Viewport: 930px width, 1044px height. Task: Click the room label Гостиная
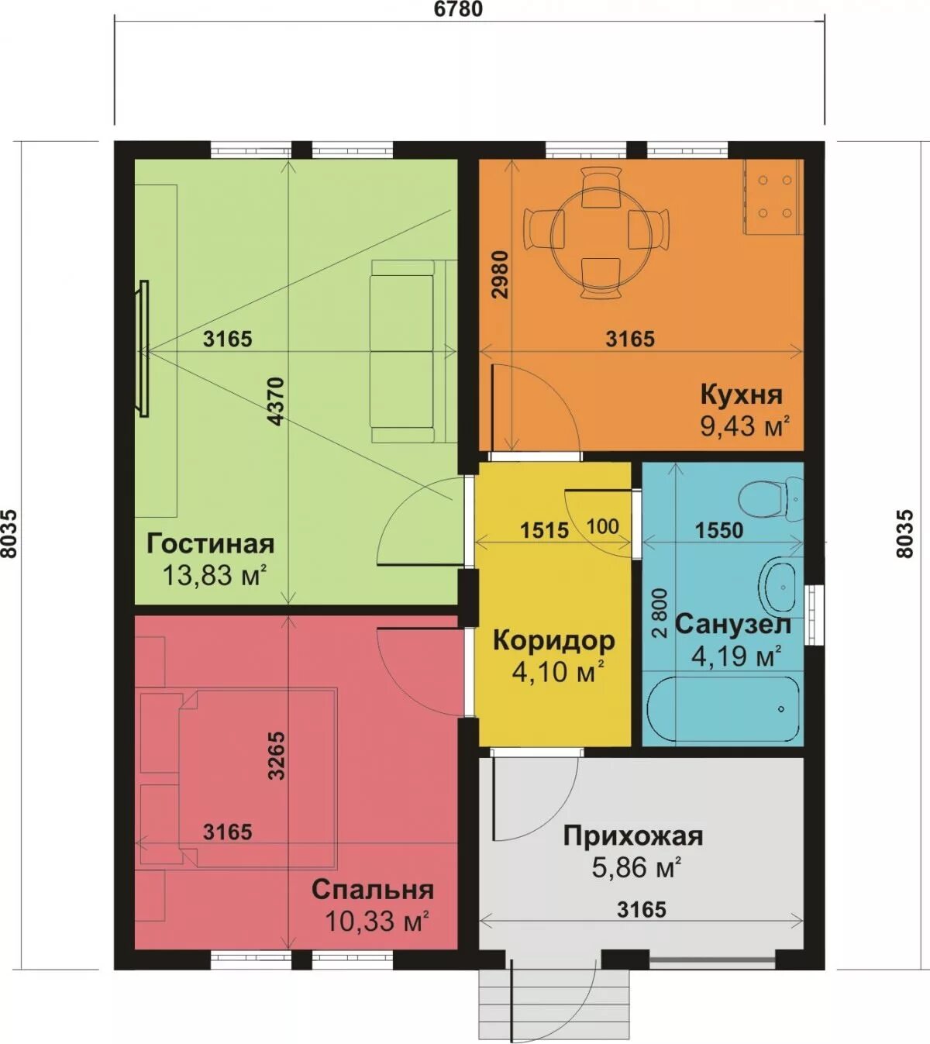coord(210,543)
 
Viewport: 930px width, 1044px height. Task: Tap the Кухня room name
coord(742,395)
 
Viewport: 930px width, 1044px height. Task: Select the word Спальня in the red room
coord(373,890)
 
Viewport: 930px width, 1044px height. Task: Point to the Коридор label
coord(554,642)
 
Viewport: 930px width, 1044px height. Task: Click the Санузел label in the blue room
coord(732,625)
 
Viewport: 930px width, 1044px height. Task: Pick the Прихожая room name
coord(632,836)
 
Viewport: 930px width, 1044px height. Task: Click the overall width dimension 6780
coord(458,9)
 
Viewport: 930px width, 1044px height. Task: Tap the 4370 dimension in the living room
coord(277,402)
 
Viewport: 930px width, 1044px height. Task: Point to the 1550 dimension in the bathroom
coord(719,530)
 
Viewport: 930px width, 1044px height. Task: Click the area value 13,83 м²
coord(215,575)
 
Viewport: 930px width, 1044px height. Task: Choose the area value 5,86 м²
coord(637,867)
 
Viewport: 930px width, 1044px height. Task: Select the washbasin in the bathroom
coord(780,587)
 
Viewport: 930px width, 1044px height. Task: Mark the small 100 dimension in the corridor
coord(603,526)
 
